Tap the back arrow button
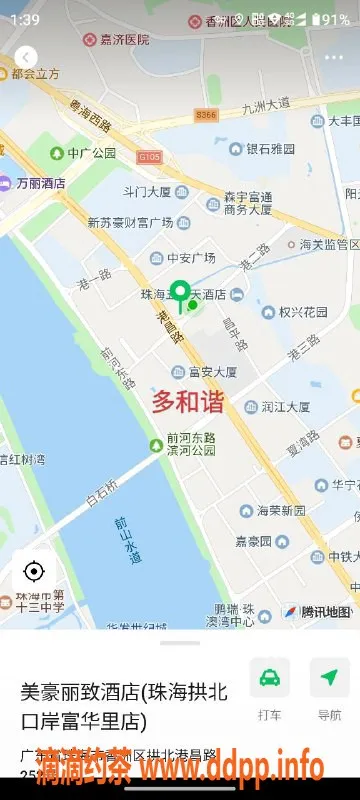[x=26, y=57]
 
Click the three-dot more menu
[x=333, y=57]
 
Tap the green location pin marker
[x=180, y=294]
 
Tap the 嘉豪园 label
[x=254, y=541]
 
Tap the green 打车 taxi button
[x=269, y=678]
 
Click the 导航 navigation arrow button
[x=329, y=678]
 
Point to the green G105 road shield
[x=149, y=157]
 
